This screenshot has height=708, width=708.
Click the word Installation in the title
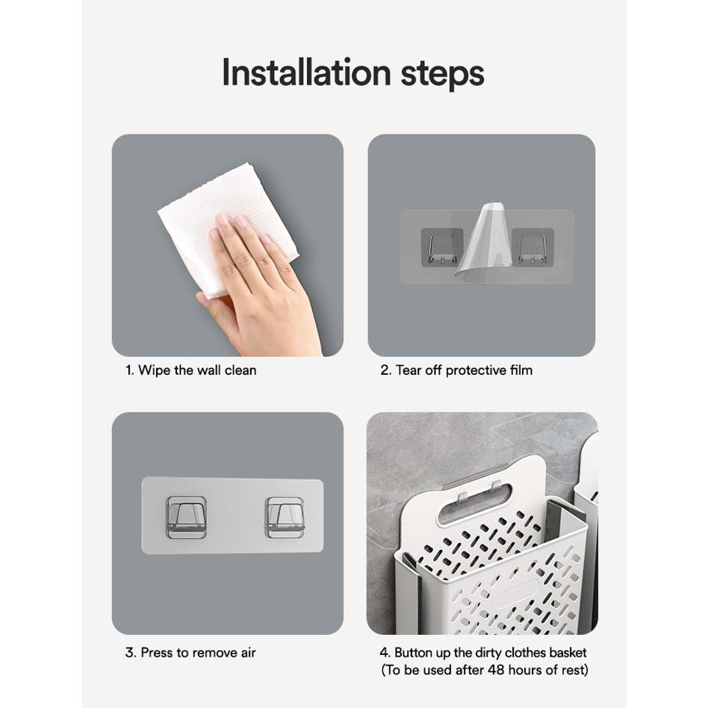click(306, 73)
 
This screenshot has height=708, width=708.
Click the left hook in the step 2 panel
click(442, 248)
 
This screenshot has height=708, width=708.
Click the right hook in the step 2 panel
click(532, 248)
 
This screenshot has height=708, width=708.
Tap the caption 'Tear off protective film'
click(456, 370)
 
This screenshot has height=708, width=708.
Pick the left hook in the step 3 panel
click(187, 518)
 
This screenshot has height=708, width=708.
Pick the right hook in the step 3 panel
click(285, 518)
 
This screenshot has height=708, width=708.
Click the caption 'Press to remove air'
click(190, 653)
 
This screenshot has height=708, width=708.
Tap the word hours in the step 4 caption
click(528, 670)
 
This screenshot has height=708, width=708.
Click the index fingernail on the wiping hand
click(222, 220)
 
